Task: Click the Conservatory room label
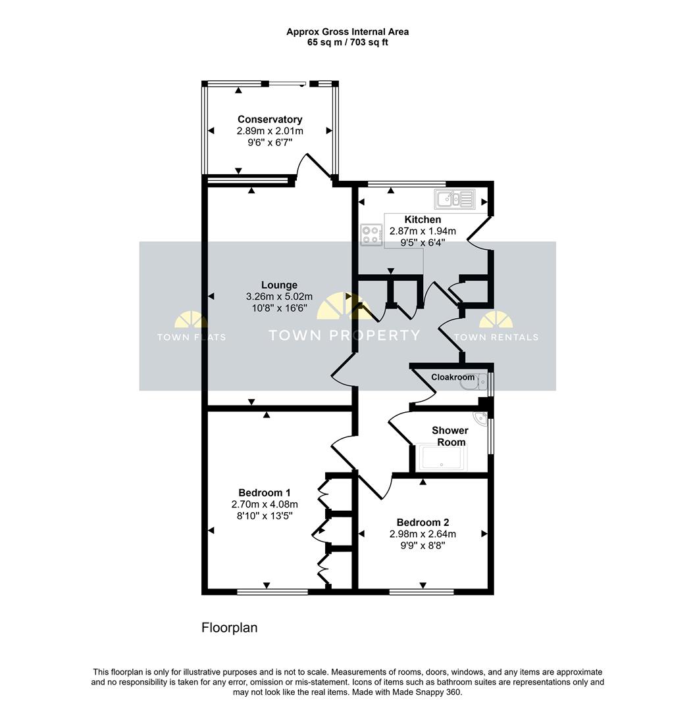270,120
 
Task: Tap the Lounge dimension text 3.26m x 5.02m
279,297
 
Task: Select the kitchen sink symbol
455,199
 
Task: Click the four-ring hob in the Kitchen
371,235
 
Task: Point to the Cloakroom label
453,377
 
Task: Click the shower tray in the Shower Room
442,458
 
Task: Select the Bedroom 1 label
265,492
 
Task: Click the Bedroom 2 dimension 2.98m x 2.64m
423,534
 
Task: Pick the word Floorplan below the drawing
230,628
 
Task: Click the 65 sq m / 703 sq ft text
347,43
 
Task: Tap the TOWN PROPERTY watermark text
345,335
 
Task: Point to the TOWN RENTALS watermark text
496,337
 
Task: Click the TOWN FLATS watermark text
192,337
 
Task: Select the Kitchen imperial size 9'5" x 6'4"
423,243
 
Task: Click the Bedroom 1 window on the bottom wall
272,592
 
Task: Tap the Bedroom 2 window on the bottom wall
422,592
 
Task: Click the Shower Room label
450,436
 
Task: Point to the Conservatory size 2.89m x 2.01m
270,131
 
